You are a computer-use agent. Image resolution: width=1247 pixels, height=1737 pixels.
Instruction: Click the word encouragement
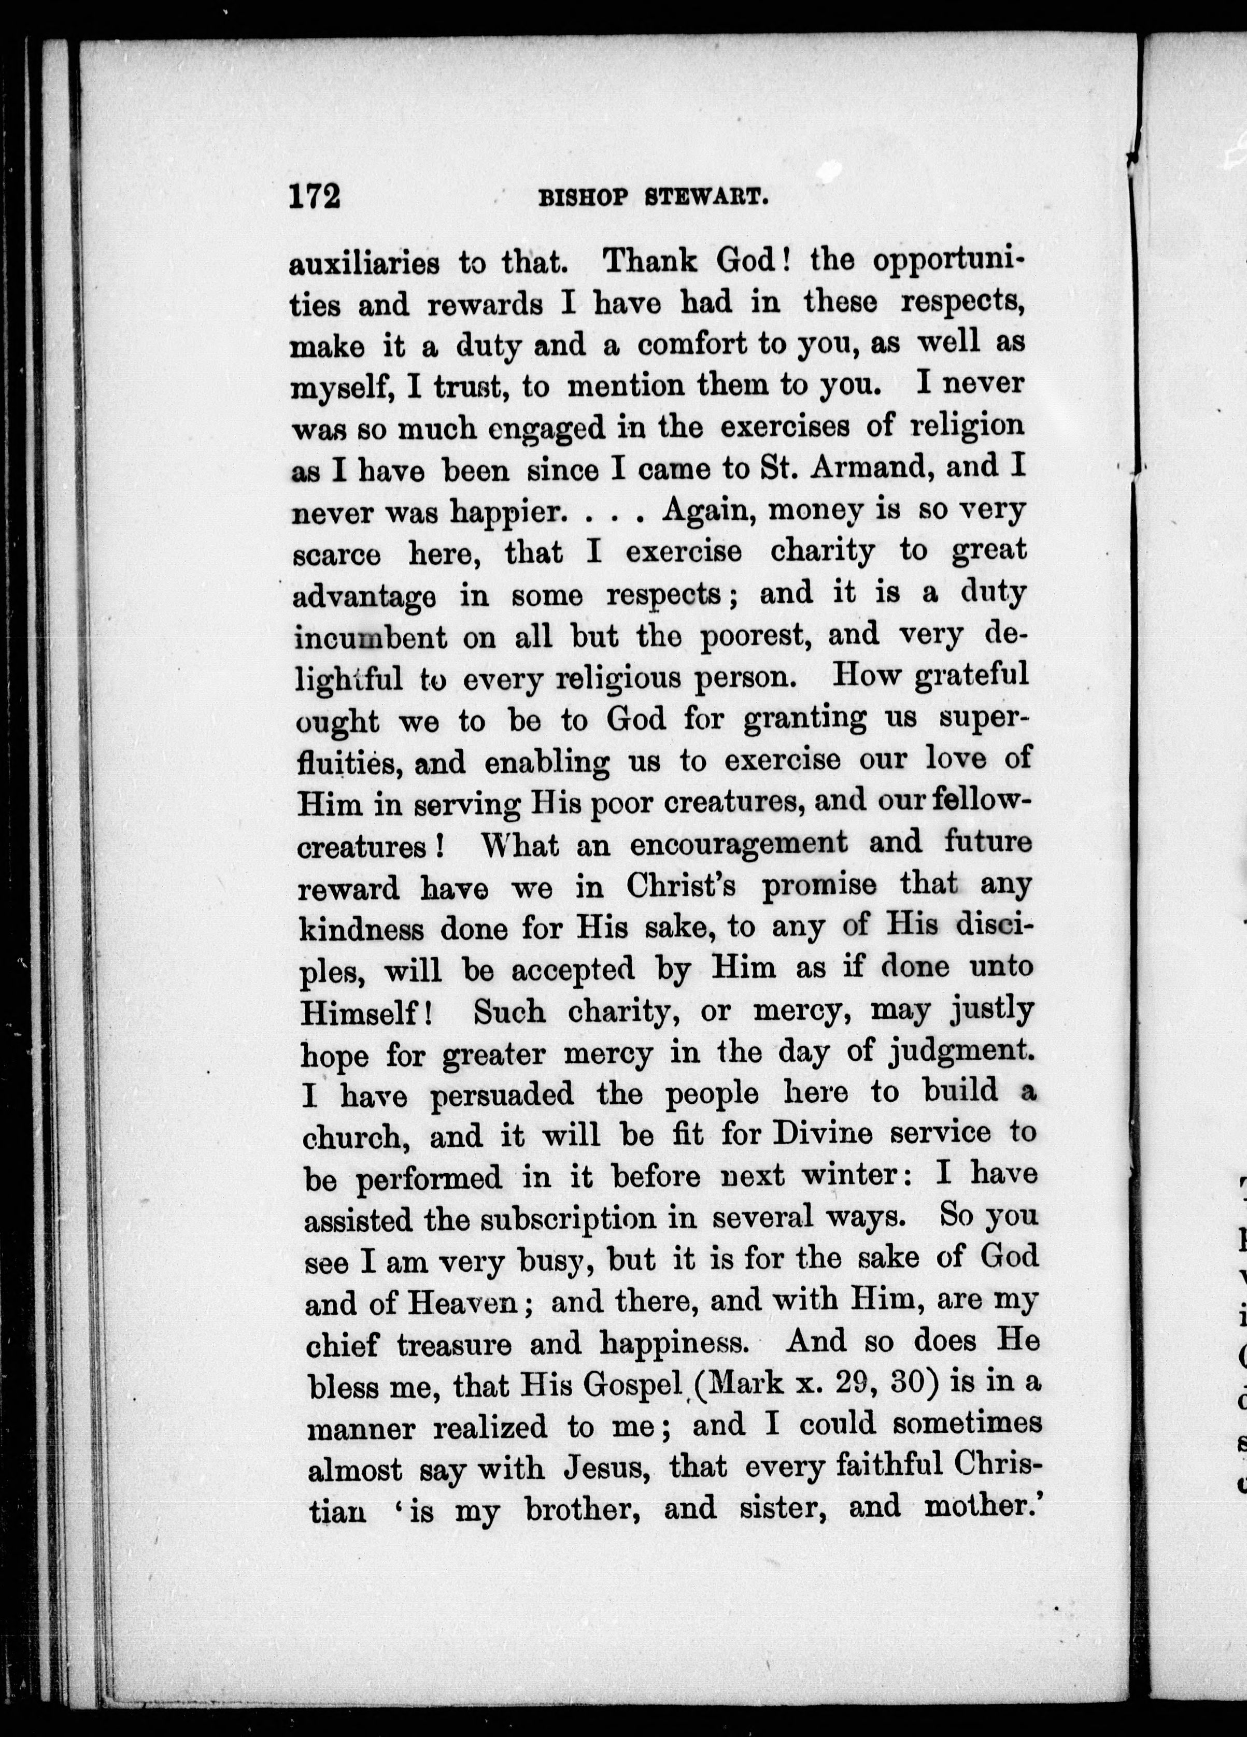point(739,843)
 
